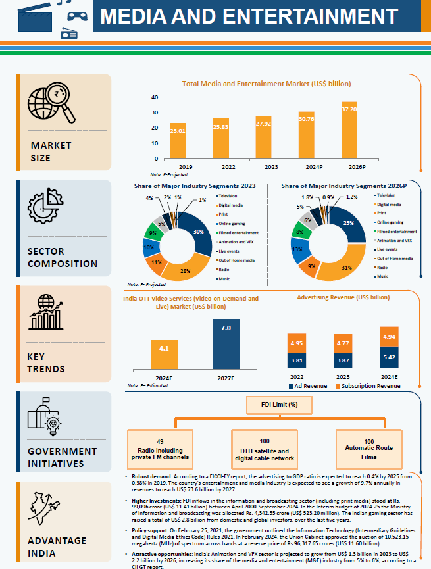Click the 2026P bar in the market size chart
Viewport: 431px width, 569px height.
tap(349, 130)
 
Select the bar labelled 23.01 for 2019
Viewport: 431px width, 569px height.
tap(178, 141)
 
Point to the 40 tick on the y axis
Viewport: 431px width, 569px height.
tap(155, 97)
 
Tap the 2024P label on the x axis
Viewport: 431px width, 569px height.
tap(306, 168)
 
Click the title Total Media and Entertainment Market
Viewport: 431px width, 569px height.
tap(266, 84)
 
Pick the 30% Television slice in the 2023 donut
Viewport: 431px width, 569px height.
tap(197, 231)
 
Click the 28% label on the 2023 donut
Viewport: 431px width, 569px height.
tap(186, 270)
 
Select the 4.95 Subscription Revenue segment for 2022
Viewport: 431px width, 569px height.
tap(297, 343)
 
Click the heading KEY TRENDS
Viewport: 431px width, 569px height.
tap(46, 362)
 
